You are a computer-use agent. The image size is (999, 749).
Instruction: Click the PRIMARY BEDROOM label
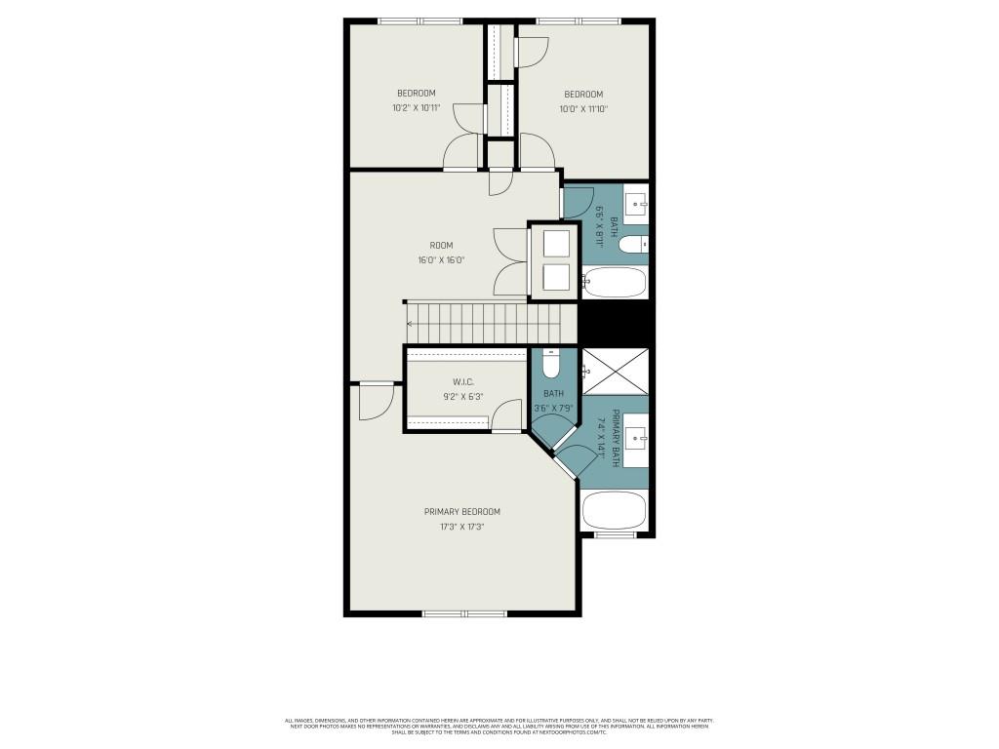point(461,512)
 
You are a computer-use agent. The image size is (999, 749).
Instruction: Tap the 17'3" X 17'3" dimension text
point(461,527)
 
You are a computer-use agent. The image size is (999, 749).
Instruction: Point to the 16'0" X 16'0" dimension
point(441,260)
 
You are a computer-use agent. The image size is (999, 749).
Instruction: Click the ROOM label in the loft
point(441,246)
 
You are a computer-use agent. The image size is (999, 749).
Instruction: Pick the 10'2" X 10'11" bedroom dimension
point(416,108)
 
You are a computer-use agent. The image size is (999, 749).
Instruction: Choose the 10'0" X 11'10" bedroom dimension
point(583,109)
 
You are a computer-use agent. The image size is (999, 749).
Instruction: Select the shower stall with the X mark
point(615,371)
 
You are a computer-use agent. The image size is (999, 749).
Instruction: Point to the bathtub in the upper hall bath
point(615,283)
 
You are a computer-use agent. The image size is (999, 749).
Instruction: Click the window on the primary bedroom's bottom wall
point(464,613)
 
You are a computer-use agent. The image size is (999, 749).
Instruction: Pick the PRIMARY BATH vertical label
point(616,438)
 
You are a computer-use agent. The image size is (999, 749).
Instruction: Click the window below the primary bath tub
point(615,535)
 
